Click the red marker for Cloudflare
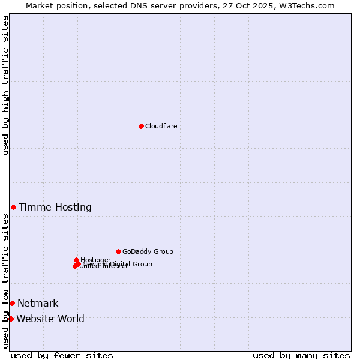click(141, 126)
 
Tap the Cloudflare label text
click(161, 126)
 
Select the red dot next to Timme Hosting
click(13, 207)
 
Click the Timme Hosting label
click(55, 208)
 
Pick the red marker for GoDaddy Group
click(118, 251)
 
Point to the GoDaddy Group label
click(148, 251)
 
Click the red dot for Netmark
click(12, 303)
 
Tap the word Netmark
click(38, 304)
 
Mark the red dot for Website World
click(11, 319)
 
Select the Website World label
click(50, 319)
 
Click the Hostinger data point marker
click(76, 260)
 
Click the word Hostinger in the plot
click(96, 260)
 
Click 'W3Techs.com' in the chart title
click(309, 5)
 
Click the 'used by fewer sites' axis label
click(62, 355)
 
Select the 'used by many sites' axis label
click(301, 355)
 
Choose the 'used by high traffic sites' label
click(5, 85)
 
